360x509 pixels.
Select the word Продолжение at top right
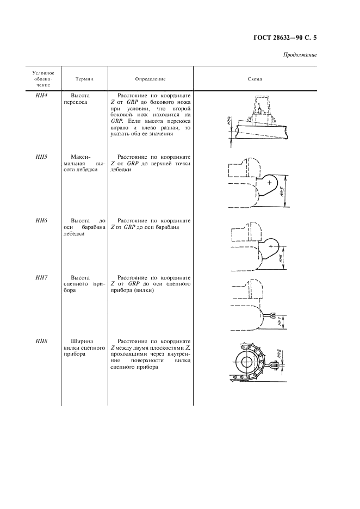point(300,55)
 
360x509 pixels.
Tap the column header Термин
point(84,79)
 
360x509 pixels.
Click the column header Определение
point(151,79)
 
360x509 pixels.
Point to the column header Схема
point(255,79)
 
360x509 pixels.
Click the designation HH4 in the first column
point(42,95)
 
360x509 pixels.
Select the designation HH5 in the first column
point(42,157)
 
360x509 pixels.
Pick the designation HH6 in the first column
point(42,221)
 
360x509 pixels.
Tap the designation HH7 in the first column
point(42,278)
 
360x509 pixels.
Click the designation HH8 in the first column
point(42,342)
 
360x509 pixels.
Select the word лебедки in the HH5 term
point(84,170)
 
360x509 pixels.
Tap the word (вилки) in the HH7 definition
point(144,291)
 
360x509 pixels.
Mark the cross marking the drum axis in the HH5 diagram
point(269,183)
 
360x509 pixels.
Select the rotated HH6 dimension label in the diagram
point(280,258)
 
